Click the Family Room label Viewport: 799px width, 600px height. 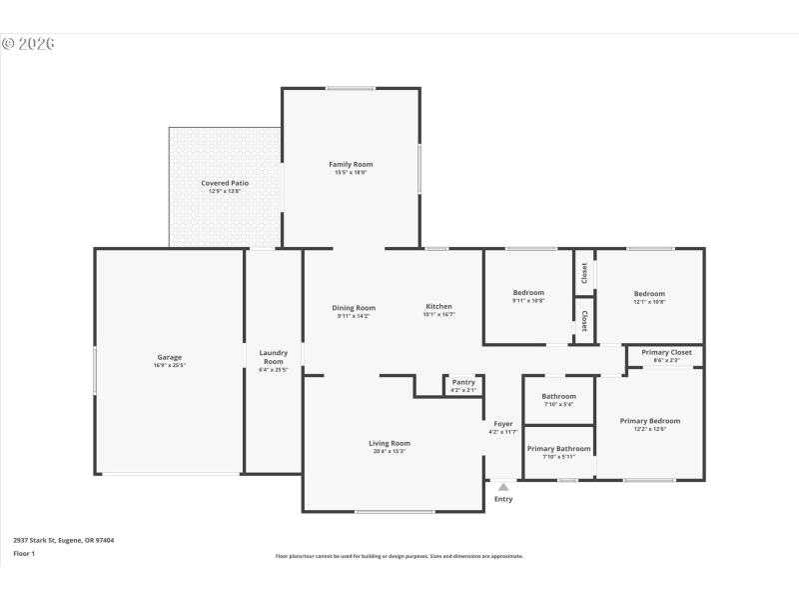tap(351, 164)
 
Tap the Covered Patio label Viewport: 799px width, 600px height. tap(225, 183)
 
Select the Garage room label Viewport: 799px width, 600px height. tap(169, 357)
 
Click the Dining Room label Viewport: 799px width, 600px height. tap(354, 307)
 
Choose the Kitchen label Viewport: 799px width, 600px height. tap(438, 306)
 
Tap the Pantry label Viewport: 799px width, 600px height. tap(463, 382)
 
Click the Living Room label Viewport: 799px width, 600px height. tap(390, 443)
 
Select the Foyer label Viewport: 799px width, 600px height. tap(503, 424)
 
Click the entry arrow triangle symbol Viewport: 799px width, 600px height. tap(503, 487)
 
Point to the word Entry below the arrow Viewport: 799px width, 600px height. tap(503, 499)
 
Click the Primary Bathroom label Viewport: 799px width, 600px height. tap(558, 448)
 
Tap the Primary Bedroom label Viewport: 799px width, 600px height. tap(649, 421)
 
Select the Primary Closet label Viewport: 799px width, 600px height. tap(667, 352)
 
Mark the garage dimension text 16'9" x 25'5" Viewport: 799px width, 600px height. tap(169, 366)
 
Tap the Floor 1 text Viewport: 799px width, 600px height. tap(23, 553)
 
